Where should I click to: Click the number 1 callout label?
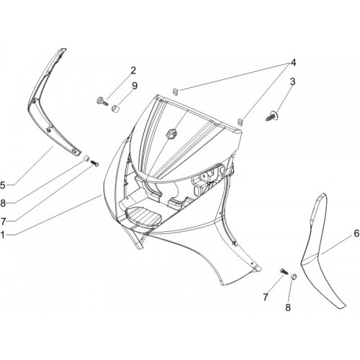pyautogui.click(x=2, y=235)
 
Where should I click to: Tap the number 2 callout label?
pyautogui.click(x=133, y=71)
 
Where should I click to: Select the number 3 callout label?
pyautogui.click(x=292, y=81)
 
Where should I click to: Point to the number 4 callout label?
pyautogui.click(x=293, y=63)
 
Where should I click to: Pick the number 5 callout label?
pyautogui.click(x=3, y=185)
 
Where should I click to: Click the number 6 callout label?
pyautogui.click(x=356, y=233)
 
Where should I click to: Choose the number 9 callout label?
pyautogui.click(x=135, y=86)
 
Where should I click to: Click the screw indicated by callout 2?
pyautogui.click(x=102, y=102)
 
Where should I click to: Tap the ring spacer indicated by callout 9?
pyautogui.click(x=116, y=108)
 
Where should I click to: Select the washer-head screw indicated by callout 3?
pyautogui.click(x=272, y=116)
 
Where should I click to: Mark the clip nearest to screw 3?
pyautogui.click(x=240, y=122)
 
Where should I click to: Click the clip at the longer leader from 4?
pyautogui.click(x=176, y=91)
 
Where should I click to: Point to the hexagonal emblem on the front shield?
pyautogui.click(x=171, y=133)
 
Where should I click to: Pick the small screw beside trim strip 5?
pyautogui.click(x=95, y=163)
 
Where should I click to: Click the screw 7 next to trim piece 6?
pyautogui.click(x=284, y=271)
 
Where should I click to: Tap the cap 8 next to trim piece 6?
pyautogui.click(x=294, y=276)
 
